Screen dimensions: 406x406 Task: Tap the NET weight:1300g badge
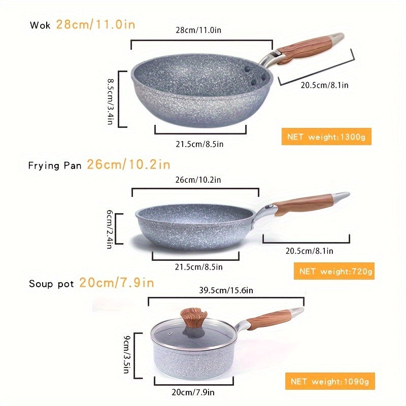pos(326,137)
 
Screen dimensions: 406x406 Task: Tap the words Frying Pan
pos(55,165)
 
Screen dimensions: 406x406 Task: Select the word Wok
pos(40,25)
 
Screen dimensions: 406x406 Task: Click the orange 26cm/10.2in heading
pos(128,164)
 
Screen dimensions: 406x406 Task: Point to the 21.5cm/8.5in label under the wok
pos(199,144)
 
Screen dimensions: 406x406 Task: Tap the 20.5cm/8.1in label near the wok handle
pos(324,85)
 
